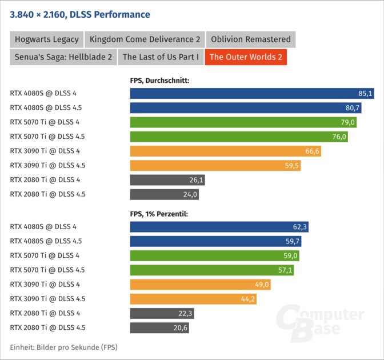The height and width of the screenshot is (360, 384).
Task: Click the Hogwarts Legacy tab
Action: tap(46, 39)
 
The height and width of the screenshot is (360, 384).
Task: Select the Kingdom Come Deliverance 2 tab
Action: tap(145, 39)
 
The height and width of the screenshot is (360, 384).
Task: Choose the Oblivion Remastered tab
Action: tap(251, 39)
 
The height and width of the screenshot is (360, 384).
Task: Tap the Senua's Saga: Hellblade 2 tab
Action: tap(63, 57)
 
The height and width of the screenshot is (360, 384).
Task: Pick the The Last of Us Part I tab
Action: tap(161, 57)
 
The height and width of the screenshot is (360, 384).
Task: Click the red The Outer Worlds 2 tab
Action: tap(246, 57)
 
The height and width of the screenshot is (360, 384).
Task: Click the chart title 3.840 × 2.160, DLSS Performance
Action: tap(81, 14)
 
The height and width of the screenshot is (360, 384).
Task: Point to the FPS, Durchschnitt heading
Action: tap(159, 81)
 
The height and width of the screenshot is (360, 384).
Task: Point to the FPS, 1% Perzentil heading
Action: tap(159, 214)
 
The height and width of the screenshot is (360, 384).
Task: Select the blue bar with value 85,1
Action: tap(251, 93)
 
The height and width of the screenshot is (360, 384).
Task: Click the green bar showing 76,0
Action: tap(239, 137)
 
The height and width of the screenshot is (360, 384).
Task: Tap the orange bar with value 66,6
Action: tap(226, 151)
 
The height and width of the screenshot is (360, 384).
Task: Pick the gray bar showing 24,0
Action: tap(165, 194)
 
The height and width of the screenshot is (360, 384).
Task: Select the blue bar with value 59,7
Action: tap(217, 241)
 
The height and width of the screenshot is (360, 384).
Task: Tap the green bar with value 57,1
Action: tap(212, 270)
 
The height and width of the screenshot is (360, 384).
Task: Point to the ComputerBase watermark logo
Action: tap(321, 321)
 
